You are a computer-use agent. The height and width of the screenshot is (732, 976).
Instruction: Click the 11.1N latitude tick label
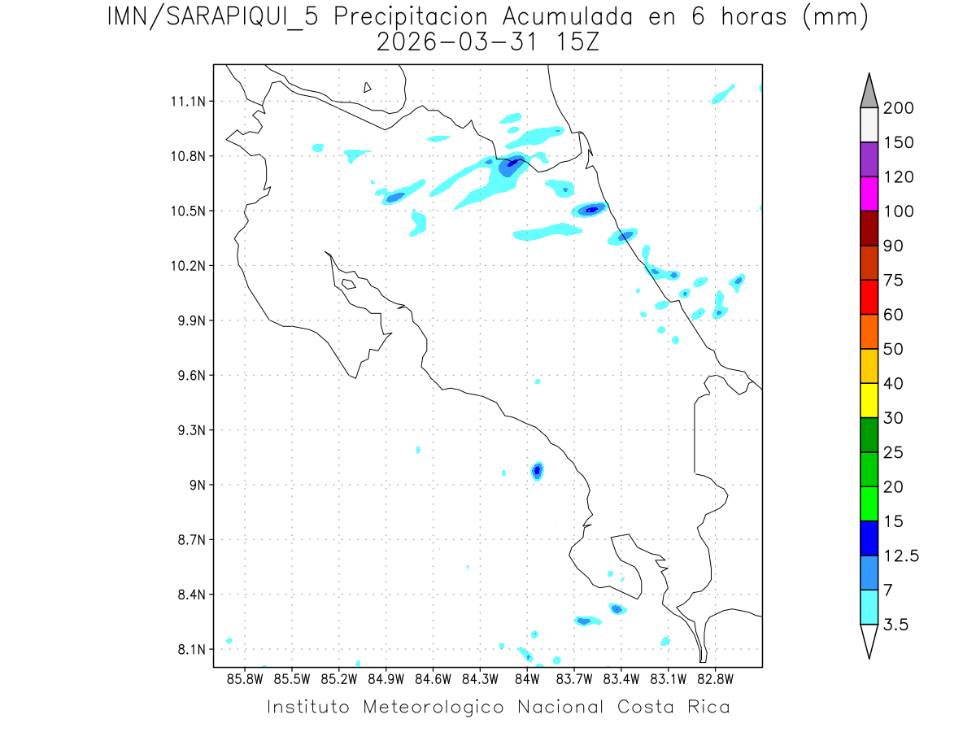click(188, 102)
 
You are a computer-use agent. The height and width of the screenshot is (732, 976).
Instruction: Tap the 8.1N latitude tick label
click(191, 650)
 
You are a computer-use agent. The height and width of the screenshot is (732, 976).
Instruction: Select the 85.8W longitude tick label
click(245, 678)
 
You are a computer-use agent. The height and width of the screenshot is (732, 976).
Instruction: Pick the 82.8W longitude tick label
click(715, 678)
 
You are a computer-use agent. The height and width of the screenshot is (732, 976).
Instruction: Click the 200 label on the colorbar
click(899, 108)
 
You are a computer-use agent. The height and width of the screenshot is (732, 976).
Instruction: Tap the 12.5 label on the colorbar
click(900, 556)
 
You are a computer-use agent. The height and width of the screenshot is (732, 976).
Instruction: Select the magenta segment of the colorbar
click(869, 194)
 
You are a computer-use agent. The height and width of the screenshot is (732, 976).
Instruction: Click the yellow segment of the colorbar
click(869, 400)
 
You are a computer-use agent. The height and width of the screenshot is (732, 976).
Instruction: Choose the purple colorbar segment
click(869, 159)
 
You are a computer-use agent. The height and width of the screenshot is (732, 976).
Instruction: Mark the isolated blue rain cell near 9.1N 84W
click(537, 470)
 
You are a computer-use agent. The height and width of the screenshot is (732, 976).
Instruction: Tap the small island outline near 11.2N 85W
click(368, 88)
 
